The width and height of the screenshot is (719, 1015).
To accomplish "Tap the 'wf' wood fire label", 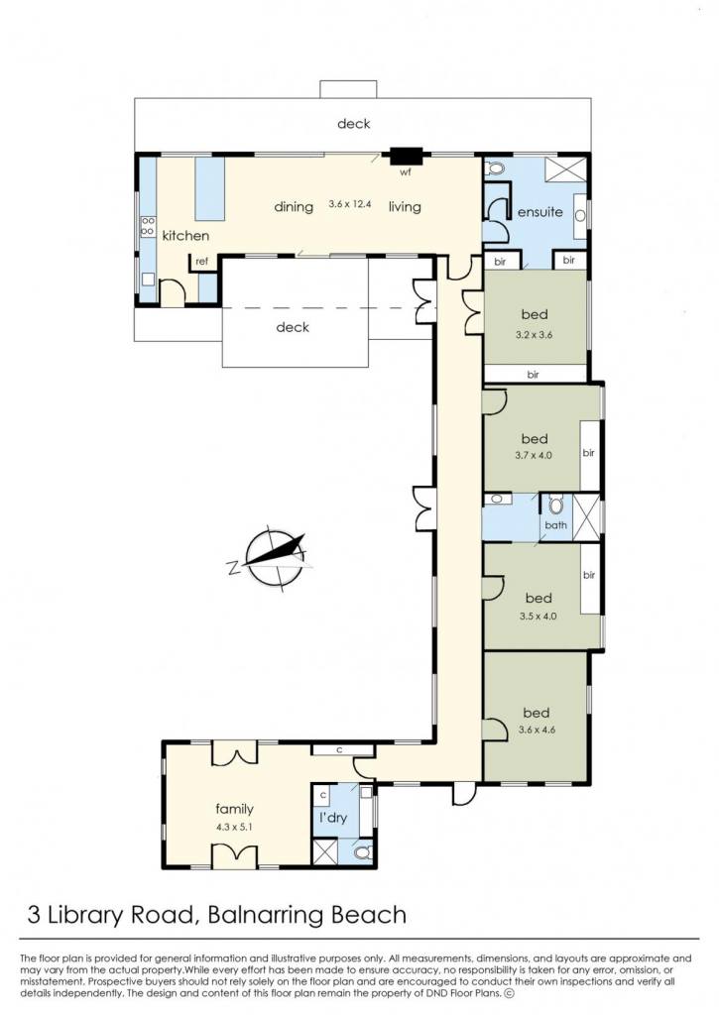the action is click(x=406, y=172).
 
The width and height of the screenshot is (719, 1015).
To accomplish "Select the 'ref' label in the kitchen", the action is click(x=202, y=262).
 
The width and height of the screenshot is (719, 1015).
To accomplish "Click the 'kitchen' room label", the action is click(x=185, y=236).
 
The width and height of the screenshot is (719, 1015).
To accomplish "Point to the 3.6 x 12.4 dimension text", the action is click(x=350, y=203).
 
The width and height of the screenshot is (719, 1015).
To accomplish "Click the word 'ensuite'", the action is click(x=540, y=212).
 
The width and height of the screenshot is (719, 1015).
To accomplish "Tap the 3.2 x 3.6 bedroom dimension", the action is click(x=535, y=335).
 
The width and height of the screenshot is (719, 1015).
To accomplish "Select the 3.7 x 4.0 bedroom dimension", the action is click(x=534, y=455).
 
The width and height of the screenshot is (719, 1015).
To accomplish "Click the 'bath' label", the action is click(x=555, y=525).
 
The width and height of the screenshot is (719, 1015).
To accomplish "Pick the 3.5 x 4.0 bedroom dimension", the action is click(x=538, y=617).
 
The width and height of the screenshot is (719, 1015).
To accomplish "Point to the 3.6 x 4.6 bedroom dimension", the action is click(x=537, y=730).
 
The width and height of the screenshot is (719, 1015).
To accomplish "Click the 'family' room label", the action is click(x=234, y=809).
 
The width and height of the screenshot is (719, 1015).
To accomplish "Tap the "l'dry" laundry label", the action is click(x=333, y=818).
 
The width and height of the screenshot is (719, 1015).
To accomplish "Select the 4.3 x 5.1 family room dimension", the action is click(x=234, y=827).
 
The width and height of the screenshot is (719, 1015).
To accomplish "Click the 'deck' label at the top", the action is click(x=354, y=123).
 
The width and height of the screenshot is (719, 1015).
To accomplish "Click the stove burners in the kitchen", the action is click(x=148, y=226).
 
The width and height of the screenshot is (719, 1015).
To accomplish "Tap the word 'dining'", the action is click(x=294, y=206).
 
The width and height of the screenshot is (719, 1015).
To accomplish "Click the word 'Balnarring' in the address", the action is click(x=263, y=915).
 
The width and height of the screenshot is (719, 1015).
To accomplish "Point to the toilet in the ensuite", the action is click(x=494, y=169).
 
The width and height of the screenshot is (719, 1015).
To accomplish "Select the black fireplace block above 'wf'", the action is click(x=406, y=156).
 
